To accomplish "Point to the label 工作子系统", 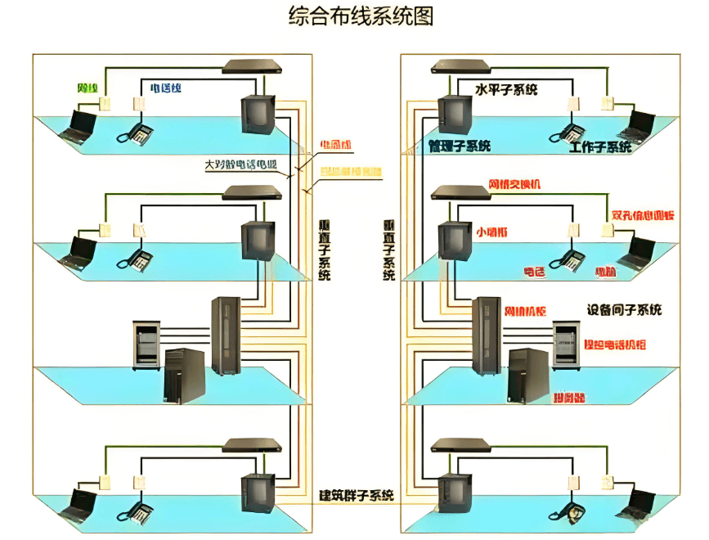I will (600, 147).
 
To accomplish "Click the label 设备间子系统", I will (624, 310).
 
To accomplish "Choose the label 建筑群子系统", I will (357, 495).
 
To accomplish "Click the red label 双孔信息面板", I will (643, 216).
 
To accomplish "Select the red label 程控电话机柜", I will (614, 345).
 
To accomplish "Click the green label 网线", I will (88, 88).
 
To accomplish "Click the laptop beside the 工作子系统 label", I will (635, 125).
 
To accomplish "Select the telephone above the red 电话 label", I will (567, 259).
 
